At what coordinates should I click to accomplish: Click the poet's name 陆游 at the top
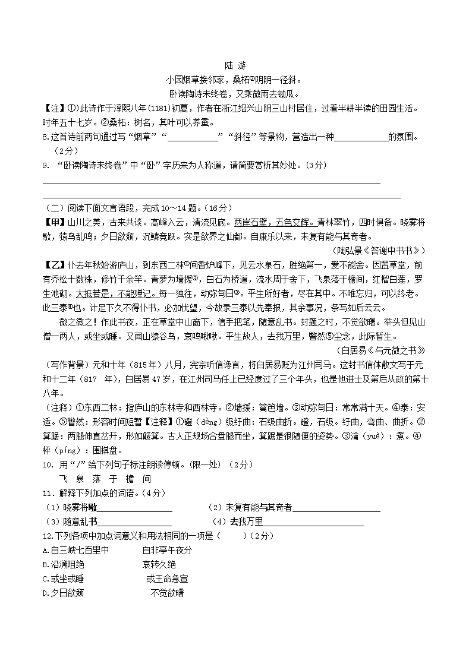[235, 65]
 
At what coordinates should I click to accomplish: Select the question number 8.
[45, 138]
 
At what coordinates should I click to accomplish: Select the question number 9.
[45, 165]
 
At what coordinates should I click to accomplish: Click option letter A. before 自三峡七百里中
[46, 551]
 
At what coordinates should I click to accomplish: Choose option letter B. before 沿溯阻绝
[46, 565]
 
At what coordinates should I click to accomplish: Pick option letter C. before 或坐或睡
[46, 579]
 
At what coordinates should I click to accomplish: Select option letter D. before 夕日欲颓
[46, 593]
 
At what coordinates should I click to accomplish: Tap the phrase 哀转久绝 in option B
[159, 565]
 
